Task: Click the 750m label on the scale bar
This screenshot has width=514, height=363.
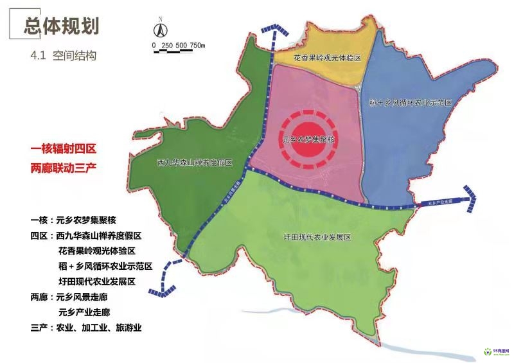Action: click(x=197, y=45)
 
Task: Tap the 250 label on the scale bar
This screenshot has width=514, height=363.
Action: click(x=168, y=45)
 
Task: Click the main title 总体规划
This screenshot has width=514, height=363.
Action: click(x=61, y=25)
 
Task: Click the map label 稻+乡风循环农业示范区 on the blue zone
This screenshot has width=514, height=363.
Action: click(x=412, y=103)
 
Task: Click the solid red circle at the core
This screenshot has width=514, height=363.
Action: click(x=311, y=138)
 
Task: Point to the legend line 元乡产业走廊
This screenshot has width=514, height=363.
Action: click(x=84, y=312)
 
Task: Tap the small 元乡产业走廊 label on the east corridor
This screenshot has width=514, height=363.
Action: click(x=439, y=202)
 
